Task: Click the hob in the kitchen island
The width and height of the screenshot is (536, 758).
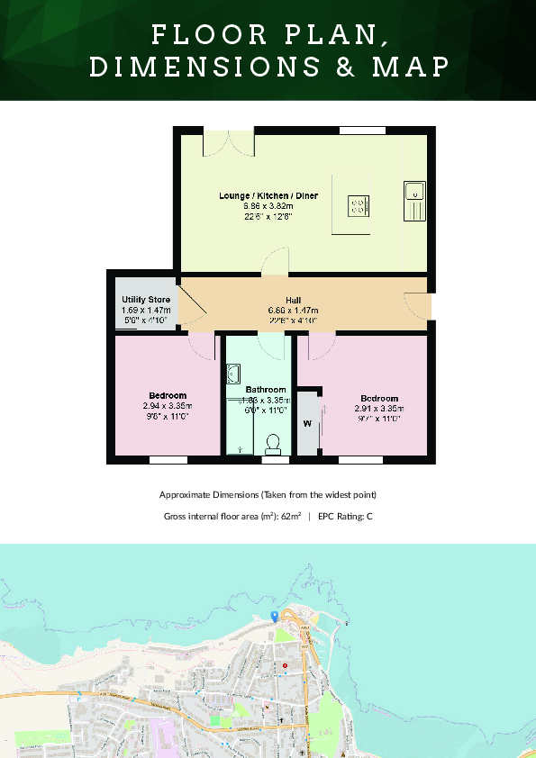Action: pyautogui.click(x=358, y=207)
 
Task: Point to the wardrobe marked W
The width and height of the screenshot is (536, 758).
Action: pyautogui.click(x=307, y=422)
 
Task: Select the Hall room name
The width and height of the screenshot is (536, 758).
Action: pyautogui.click(x=293, y=300)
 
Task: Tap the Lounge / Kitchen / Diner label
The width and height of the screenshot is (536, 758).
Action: pyautogui.click(x=268, y=195)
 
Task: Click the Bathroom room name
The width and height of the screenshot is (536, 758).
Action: pyautogui.click(x=266, y=390)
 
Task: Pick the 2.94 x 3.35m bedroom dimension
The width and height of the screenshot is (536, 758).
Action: pyautogui.click(x=168, y=406)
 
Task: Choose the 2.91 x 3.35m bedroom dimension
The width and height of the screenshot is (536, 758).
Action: pyautogui.click(x=378, y=408)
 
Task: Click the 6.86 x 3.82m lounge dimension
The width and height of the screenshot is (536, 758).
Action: pyautogui.click(x=268, y=206)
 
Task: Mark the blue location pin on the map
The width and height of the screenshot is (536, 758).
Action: pyautogui.click(x=274, y=616)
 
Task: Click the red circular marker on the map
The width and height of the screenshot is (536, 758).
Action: pyautogui.click(x=286, y=666)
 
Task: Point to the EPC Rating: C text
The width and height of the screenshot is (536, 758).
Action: pyautogui.click(x=345, y=517)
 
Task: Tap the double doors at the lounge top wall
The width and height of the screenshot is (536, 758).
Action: pyautogui.click(x=229, y=142)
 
